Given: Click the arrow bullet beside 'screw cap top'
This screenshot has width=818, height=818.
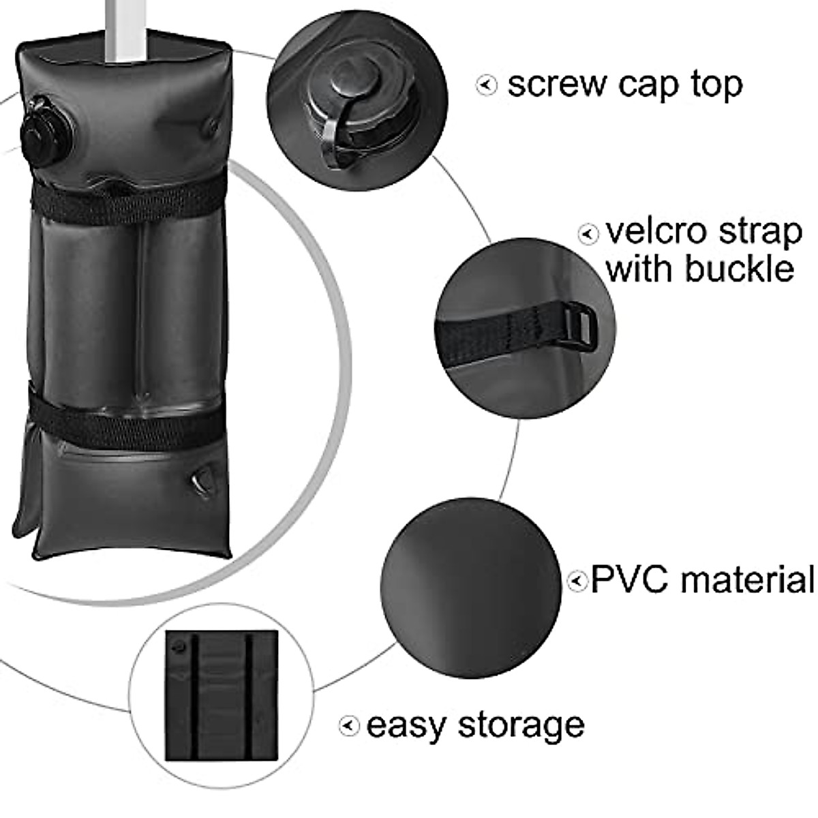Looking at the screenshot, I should [x=486, y=86].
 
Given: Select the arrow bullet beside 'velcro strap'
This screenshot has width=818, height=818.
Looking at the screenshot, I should [x=588, y=234].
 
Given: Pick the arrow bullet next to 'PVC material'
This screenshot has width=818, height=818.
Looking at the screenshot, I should [x=577, y=581].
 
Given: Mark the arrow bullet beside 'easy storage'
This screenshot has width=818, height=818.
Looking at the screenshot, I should [x=349, y=726].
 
